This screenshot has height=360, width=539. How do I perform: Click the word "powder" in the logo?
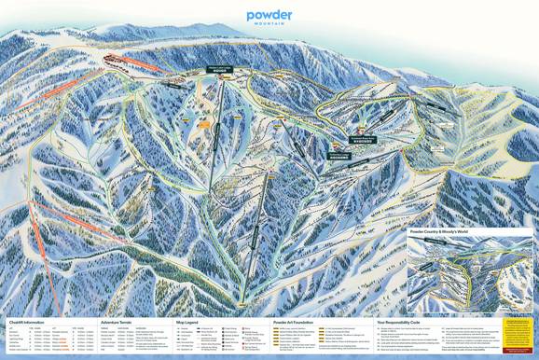coord(269,14)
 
